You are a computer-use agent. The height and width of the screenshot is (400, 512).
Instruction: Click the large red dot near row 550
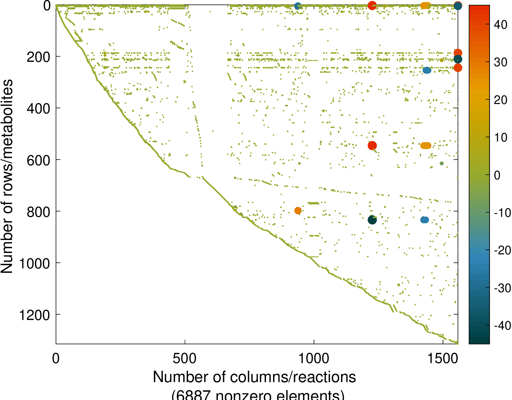[372, 145]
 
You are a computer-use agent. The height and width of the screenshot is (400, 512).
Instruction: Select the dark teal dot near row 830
[372, 220]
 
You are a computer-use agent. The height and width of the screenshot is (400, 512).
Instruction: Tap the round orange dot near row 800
[298, 210]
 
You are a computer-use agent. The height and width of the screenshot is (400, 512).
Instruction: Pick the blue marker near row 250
[427, 70]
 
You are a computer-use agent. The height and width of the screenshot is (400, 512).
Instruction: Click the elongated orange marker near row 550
[426, 145]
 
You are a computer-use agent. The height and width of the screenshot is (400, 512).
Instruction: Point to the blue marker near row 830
[424, 220]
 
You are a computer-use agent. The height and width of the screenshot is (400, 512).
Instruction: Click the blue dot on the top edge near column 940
[298, 6]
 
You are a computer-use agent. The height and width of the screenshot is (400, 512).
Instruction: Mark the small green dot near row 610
[442, 164]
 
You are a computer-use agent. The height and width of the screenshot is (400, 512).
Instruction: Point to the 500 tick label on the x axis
[184, 358]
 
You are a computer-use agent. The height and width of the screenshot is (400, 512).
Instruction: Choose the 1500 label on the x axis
[443, 358]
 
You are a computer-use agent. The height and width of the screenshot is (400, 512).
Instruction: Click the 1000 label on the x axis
[314, 358]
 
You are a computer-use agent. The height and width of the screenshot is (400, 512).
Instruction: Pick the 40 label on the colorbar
[500, 25]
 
